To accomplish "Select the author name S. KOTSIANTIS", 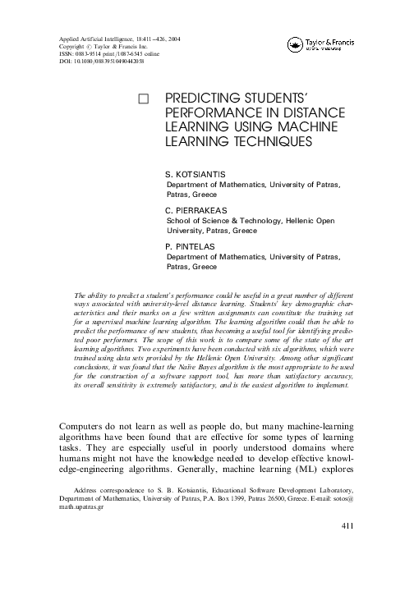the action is pyautogui.click(x=196, y=175).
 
